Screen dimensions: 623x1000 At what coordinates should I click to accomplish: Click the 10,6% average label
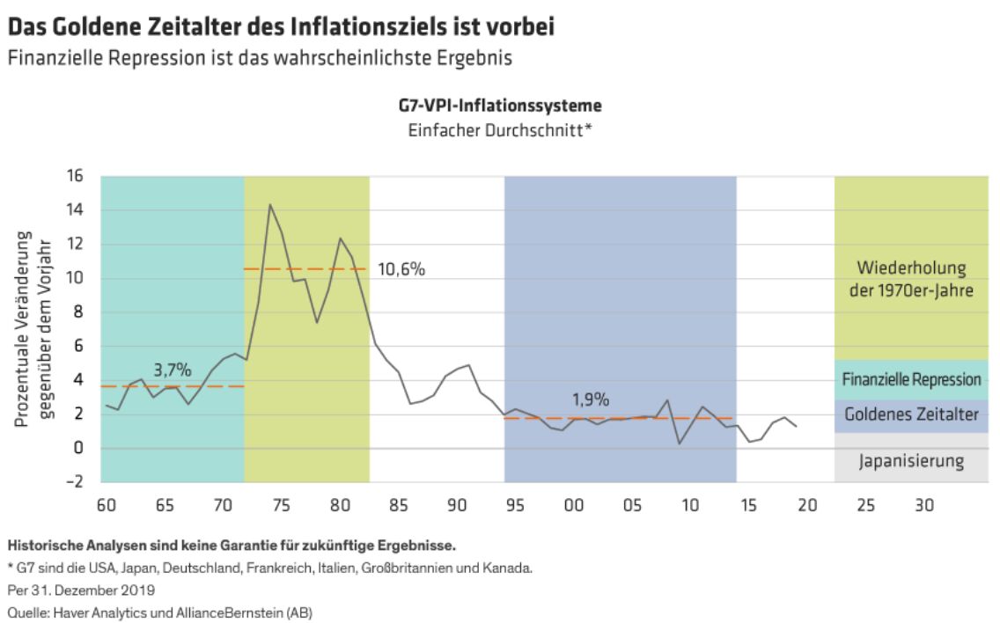click(401, 269)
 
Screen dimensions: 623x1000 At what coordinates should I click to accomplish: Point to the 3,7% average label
click(172, 370)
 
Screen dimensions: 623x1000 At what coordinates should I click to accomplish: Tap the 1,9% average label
click(591, 399)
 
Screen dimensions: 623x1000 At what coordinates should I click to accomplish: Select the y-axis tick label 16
click(74, 177)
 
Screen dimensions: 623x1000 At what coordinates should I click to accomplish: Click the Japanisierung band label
click(911, 460)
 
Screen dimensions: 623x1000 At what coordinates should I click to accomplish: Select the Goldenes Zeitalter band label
click(911, 414)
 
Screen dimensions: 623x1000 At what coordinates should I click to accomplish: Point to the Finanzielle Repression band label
click(911, 380)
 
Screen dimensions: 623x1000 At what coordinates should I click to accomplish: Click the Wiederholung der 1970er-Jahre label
click(911, 279)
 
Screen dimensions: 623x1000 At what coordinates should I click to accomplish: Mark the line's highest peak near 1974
click(269, 205)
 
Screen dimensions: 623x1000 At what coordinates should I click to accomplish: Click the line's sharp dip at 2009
click(679, 443)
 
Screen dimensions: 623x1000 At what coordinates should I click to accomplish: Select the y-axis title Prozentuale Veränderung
click(24, 329)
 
